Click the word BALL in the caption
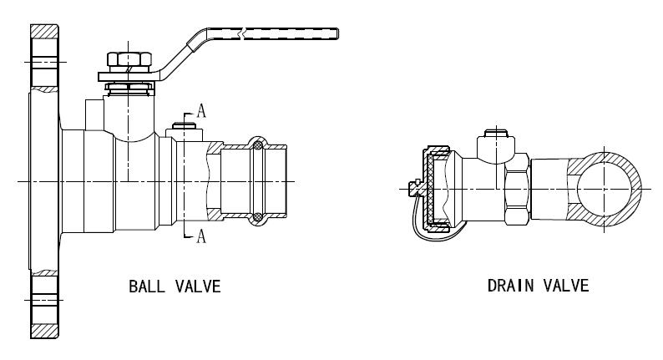click(147, 286)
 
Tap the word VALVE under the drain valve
click(566, 286)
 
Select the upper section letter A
click(201, 111)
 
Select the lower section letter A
click(201, 236)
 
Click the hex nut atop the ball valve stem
click(129, 59)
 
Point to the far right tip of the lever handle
click(338, 34)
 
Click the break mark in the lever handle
click(243, 34)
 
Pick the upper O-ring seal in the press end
click(258, 145)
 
